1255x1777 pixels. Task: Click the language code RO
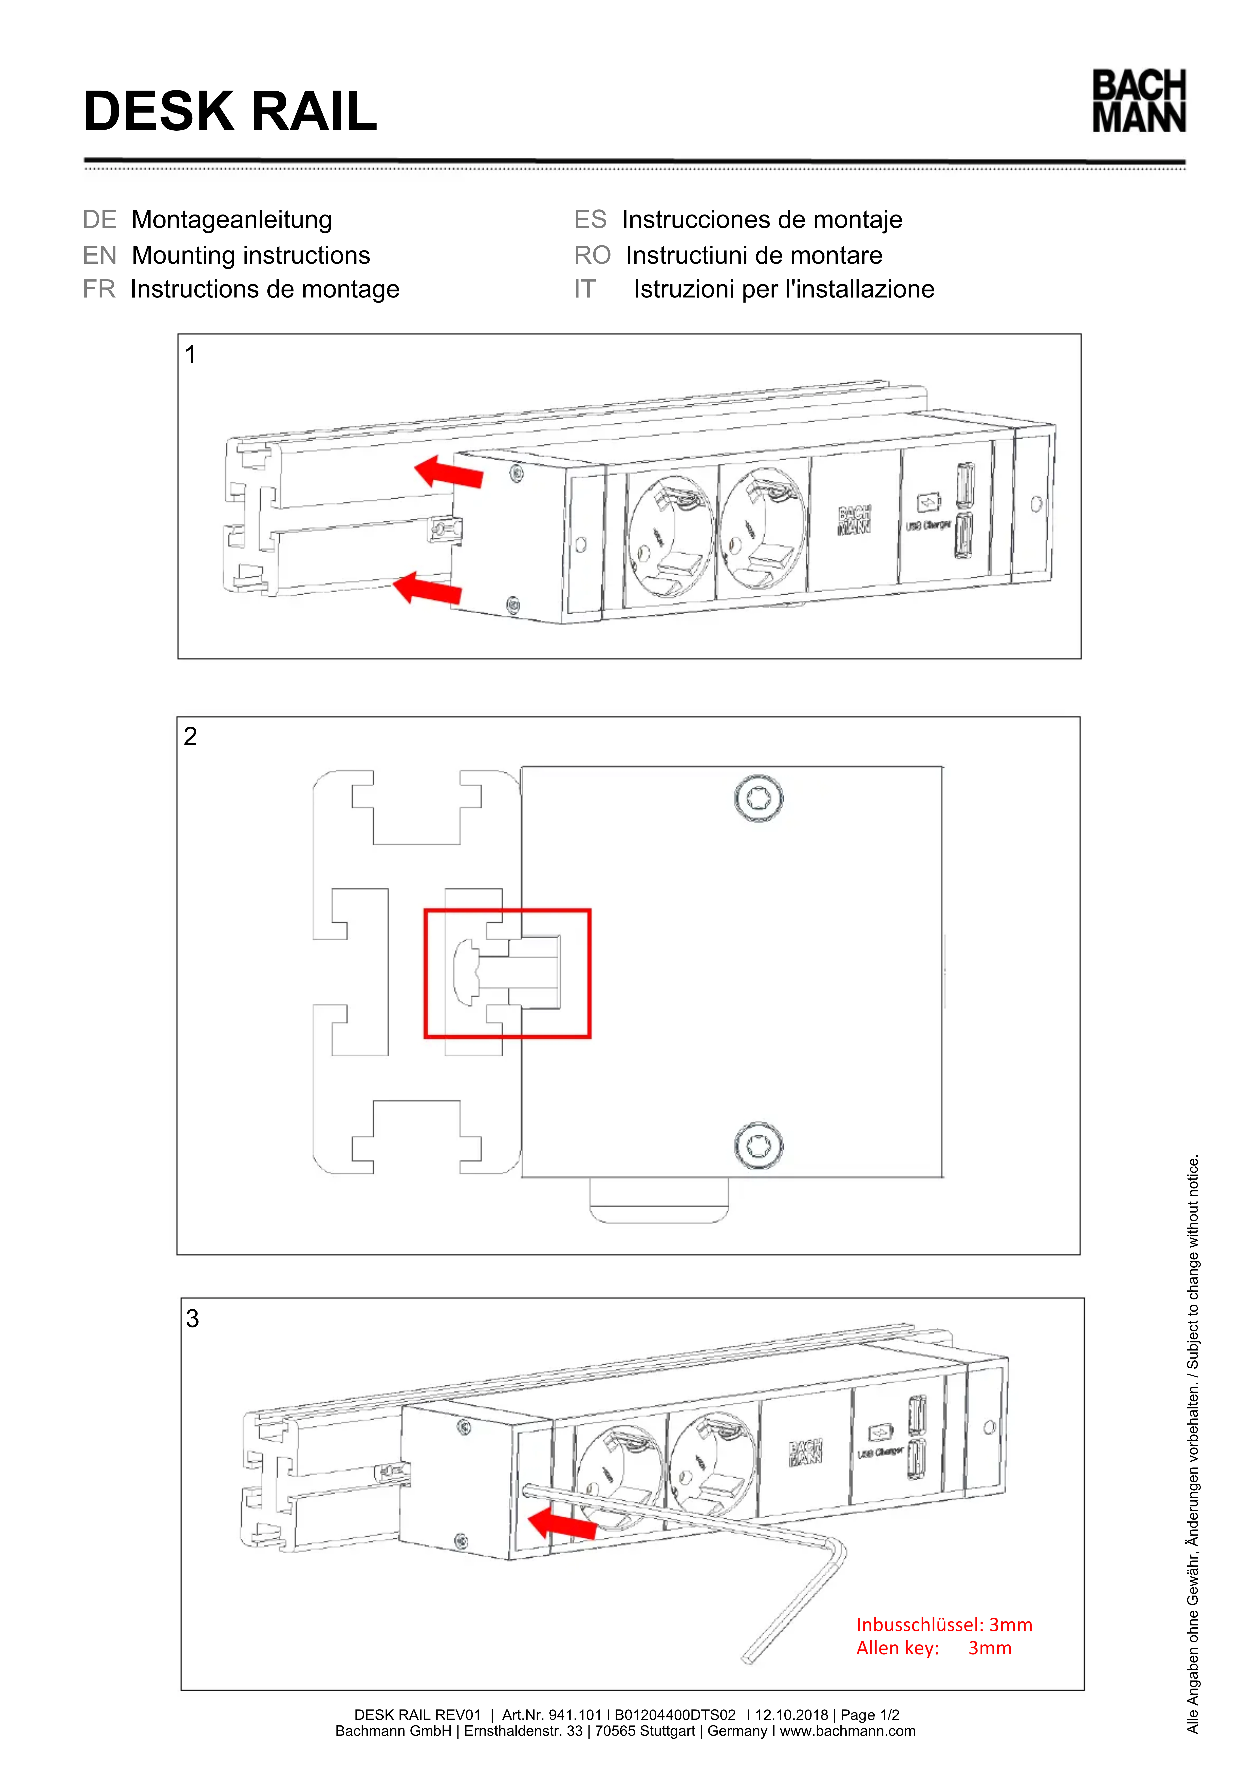(592, 255)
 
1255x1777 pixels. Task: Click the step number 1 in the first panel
(190, 355)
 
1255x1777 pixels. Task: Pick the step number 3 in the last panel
(193, 1319)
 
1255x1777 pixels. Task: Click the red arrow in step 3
(562, 1524)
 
